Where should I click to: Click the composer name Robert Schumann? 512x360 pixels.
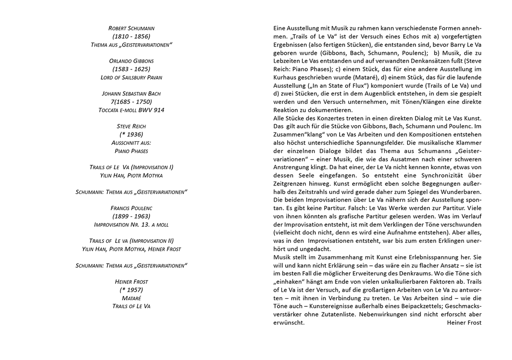pyautogui.click(x=131, y=28)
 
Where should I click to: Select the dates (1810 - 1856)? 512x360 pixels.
pyautogui.click(x=131, y=36)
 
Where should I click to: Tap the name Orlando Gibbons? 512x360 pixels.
pyautogui.click(x=131, y=61)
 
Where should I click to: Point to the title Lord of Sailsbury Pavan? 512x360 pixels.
pyautogui.click(x=131, y=77)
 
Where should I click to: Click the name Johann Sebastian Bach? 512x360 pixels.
pyautogui.click(x=131, y=94)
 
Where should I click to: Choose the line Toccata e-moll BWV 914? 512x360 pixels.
pyautogui.click(x=131, y=110)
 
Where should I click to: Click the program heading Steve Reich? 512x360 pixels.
pyautogui.click(x=131, y=126)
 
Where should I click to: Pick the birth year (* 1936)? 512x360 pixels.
pyautogui.click(x=131, y=135)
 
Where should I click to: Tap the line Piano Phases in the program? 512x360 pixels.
pyautogui.click(x=131, y=151)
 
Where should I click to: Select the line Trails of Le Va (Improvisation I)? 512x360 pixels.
pyautogui.click(x=131, y=167)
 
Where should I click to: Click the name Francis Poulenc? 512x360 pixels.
pyautogui.click(x=131, y=208)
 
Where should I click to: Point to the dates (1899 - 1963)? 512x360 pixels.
pyautogui.click(x=131, y=216)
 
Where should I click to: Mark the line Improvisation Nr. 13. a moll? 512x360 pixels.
pyautogui.click(x=131, y=224)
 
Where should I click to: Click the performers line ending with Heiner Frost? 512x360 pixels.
pyautogui.click(x=131, y=249)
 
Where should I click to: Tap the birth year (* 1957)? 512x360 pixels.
pyautogui.click(x=131, y=290)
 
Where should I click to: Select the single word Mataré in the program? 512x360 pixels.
pyautogui.click(x=131, y=298)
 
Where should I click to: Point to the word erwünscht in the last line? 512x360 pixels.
pyautogui.click(x=289, y=322)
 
